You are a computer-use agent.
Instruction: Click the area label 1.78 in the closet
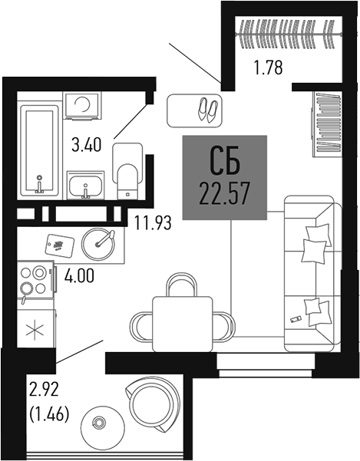pyautogui.click(x=269, y=68)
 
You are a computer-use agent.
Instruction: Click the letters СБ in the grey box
pyautogui.click(x=224, y=162)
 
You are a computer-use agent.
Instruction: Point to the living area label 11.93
pyautogui.click(x=151, y=224)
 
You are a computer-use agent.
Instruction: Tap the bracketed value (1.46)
pyautogui.click(x=48, y=416)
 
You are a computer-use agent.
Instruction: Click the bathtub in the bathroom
pyautogui.click(x=38, y=150)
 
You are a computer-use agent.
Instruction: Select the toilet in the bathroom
pyautogui.click(x=126, y=169)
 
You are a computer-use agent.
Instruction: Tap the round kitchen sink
pyautogui.click(x=97, y=243)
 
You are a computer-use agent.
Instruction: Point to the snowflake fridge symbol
pyautogui.click(x=33, y=331)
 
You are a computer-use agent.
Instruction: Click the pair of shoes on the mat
pyautogui.click(x=207, y=110)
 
